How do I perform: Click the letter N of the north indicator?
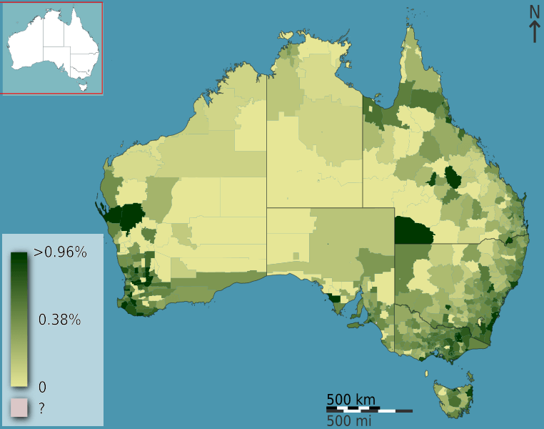point(534,12)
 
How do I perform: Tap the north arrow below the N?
point(534,32)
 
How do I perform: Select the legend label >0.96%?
point(60,252)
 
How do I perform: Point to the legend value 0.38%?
point(59,320)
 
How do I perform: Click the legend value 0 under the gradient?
point(42,387)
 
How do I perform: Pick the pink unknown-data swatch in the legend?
point(19,408)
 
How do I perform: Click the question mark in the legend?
point(41,409)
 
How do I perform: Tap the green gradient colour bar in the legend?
point(19,319)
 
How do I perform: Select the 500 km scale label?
point(351,399)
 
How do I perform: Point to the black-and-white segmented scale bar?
point(369,410)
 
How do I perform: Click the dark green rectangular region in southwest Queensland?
point(413,230)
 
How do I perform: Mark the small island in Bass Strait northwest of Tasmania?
point(427,373)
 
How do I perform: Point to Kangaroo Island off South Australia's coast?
point(353,325)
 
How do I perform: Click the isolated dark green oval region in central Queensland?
point(452,176)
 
